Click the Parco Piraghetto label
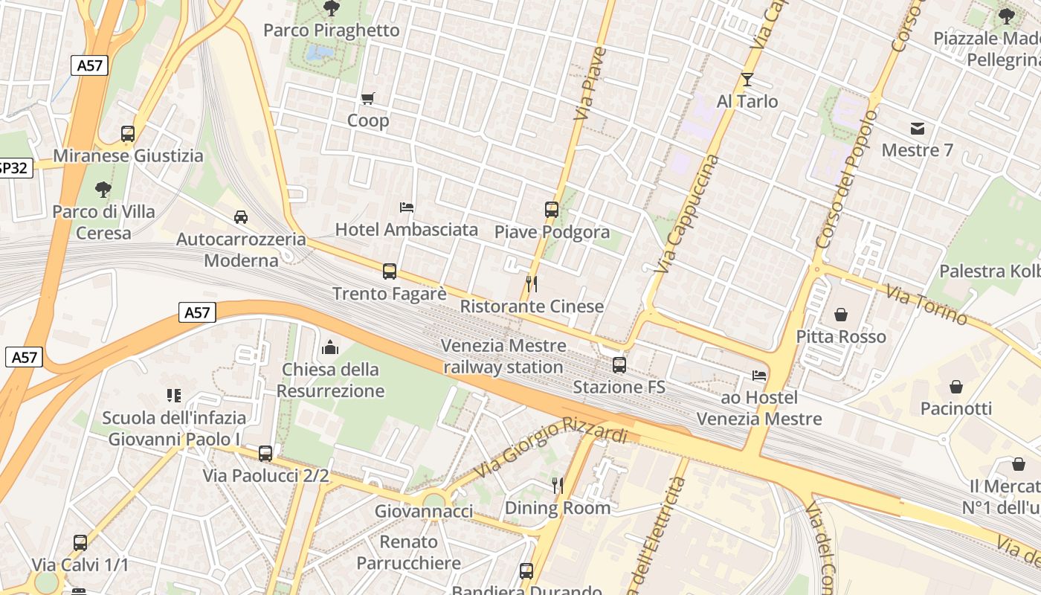332,30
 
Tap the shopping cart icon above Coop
367,98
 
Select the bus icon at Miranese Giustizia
128,134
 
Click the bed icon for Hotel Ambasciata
406,207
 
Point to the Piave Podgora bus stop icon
551,210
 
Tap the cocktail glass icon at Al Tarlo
747,79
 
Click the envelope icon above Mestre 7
917,128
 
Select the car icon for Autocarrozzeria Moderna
241,217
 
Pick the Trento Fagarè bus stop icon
389,271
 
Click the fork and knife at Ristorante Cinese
531,283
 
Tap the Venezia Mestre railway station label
503,356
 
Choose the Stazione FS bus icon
619,365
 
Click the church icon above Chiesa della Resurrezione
330,347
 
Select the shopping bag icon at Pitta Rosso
840,315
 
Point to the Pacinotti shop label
956,408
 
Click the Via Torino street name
926,306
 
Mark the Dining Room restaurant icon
558,486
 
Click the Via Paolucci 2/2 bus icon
265,454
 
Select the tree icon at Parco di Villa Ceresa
103,190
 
